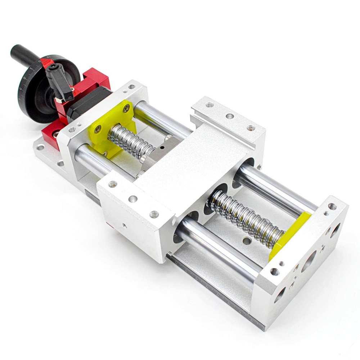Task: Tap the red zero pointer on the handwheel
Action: click(x=46, y=64)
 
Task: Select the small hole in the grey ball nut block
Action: click(x=162, y=147)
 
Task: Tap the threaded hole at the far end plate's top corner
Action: click(x=332, y=207)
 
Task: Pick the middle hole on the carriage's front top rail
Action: click(x=133, y=199)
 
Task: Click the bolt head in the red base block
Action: click(x=56, y=134)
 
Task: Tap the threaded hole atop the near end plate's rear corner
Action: click(x=132, y=87)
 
